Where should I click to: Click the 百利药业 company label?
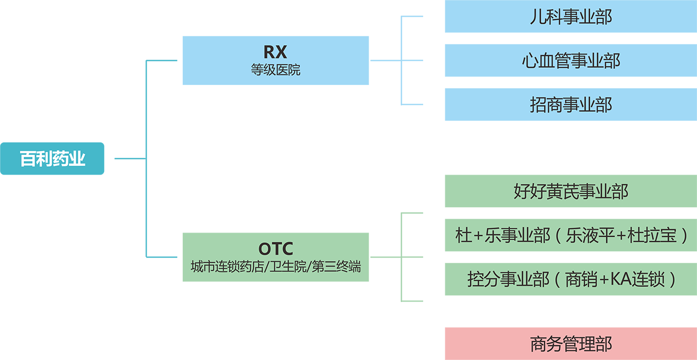tap(52, 159)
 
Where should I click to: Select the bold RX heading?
tap(275, 52)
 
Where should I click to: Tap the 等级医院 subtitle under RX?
tap(275, 70)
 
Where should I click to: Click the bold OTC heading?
tap(275, 249)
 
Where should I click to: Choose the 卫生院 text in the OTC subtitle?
tap(293, 267)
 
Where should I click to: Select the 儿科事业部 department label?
tap(571, 17)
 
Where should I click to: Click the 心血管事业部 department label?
tap(571, 61)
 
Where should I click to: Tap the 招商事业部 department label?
tap(571, 105)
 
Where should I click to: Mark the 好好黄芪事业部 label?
tap(571, 192)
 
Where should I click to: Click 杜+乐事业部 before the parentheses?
tap(502, 236)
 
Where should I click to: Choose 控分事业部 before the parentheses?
tap(508, 280)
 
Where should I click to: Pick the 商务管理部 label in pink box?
tap(571, 344)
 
